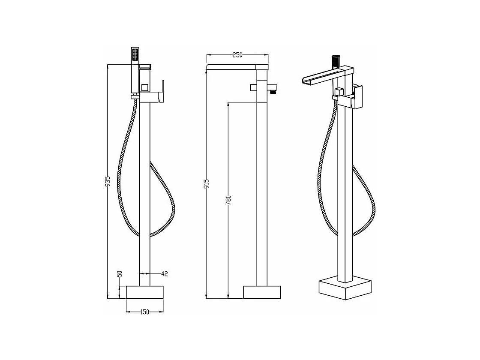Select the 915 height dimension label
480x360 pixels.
(x=207, y=184)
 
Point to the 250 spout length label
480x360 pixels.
(x=237, y=55)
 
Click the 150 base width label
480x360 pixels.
(x=145, y=312)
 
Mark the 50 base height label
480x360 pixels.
(x=120, y=274)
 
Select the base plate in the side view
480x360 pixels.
(x=262, y=292)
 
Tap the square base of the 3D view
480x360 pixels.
(x=345, y=289)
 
